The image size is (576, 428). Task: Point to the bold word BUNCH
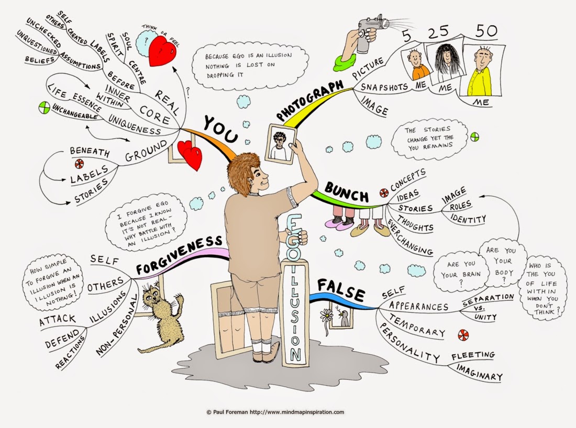[x=347, y=192]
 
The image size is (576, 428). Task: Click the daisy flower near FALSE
[x=327, y=316]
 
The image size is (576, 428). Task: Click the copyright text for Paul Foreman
[x=274, y=412]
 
